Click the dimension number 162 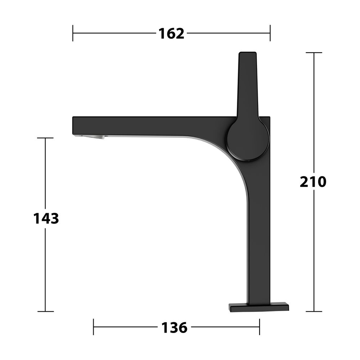[171, 33]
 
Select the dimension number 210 [313, 182]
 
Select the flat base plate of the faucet [259, 307]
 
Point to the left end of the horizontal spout [73, 126]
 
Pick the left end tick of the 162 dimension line [73, 33]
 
